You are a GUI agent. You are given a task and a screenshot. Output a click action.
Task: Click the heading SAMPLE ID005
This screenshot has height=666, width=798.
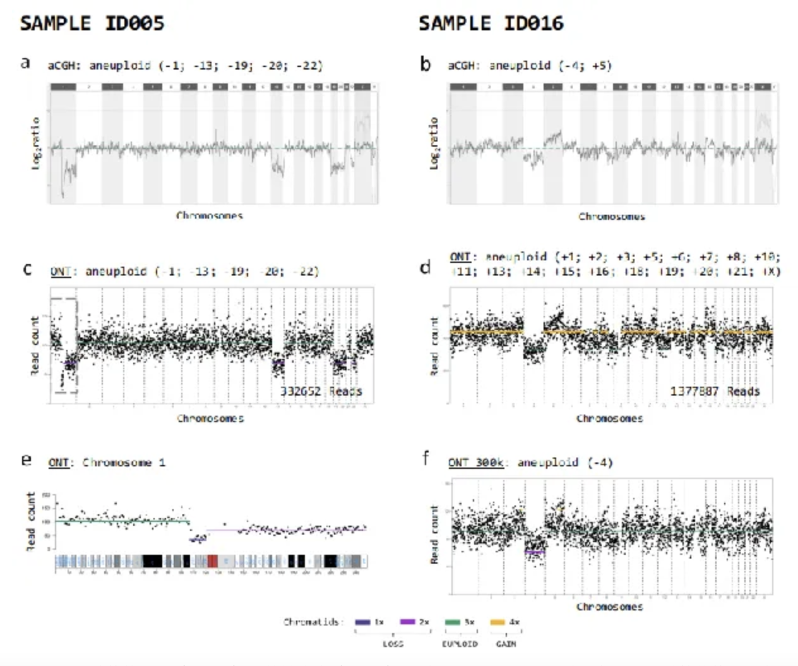[x=92, y=23]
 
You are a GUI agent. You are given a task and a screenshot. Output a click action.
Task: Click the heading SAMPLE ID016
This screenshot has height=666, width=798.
[x=491, y=23]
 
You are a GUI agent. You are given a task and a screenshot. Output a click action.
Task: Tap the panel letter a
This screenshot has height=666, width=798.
[x=25, y=63]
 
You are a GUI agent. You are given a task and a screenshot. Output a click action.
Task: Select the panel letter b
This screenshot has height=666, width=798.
[x=426, y=64]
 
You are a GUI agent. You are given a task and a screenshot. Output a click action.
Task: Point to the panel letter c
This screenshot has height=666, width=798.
[x=27, y=269]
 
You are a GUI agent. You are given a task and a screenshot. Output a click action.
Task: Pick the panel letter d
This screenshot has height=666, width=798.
[x=426, y=267]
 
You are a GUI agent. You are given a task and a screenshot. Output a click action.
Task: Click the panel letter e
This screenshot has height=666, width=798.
[x=26, y=459]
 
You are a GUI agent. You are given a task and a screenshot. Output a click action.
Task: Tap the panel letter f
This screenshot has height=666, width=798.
[x=426, y=457]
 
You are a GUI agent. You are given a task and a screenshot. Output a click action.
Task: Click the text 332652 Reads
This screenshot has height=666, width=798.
[x=321, y=391]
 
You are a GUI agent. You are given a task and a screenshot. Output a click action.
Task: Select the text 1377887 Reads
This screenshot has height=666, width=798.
[x=715, y=391]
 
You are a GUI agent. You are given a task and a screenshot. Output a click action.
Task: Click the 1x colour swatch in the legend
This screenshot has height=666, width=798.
[x=362, y=622]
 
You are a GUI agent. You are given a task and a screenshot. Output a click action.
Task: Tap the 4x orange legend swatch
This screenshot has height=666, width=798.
[x=497, y=622]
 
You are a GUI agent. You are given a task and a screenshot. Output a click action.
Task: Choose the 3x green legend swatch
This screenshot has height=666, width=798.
[x=453, y=622]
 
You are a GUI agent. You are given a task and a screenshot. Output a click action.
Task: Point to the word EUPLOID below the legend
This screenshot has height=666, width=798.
[x=460, y=644]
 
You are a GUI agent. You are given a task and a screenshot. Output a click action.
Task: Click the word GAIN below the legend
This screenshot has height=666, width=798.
[x=506, y=644]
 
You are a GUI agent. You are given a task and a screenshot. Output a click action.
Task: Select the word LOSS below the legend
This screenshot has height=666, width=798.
[x=393, y=644]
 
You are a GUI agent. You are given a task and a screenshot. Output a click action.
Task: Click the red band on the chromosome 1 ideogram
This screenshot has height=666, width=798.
[x=213, y=561]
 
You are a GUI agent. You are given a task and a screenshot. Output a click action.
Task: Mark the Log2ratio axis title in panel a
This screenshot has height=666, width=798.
[x=36, y=143]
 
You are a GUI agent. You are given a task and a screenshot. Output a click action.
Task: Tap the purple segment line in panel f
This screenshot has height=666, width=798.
[x=535, y=552]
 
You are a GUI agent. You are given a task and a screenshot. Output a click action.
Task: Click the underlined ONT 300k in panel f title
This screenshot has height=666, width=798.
[x=475, y=463]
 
